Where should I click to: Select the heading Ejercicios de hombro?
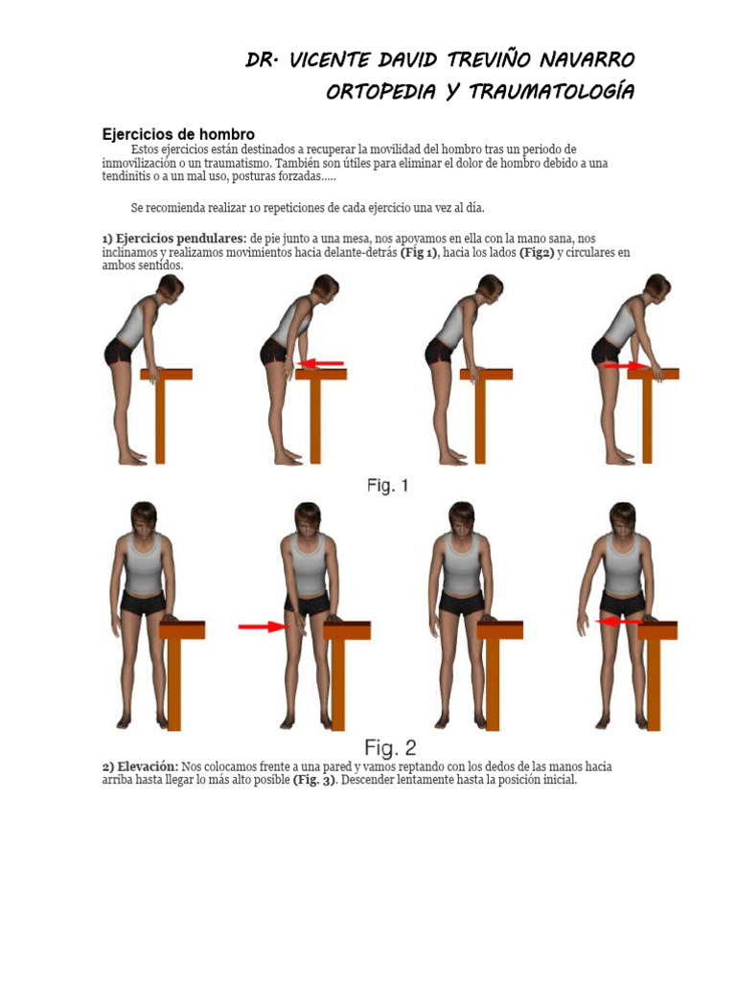click(178, 135)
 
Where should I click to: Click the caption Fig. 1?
click(387, 486)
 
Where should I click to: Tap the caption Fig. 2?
click(390, 746)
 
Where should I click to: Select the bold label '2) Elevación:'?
click(140, 767)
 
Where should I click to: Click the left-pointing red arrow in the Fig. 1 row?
click(323, 363)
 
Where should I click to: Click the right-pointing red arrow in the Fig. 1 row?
click(626, 366)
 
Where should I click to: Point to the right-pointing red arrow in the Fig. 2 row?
click(263, 627)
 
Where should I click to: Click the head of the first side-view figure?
click(170, 287)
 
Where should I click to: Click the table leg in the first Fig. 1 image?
click(160, 422)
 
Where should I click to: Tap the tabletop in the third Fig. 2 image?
click(499, 629)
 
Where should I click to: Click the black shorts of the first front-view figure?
click(144, 601)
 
